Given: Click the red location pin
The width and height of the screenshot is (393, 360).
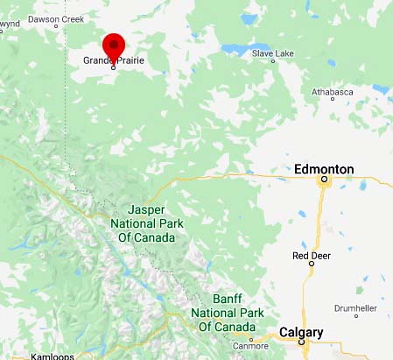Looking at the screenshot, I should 114,46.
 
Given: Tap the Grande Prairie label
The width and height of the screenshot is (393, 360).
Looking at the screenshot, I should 114,60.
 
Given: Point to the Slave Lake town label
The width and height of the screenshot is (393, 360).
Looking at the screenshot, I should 272,53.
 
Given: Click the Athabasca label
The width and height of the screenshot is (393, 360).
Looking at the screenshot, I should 333,90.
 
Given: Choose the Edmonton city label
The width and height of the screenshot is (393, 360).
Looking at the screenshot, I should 324,168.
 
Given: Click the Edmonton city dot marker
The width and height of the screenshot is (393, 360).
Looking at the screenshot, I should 324,180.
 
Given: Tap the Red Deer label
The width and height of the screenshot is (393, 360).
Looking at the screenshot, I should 310,256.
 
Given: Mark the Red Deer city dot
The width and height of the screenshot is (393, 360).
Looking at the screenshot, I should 309,266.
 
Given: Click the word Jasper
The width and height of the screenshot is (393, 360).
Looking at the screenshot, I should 146,210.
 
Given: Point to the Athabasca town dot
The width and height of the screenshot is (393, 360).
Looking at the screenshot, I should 333,100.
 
